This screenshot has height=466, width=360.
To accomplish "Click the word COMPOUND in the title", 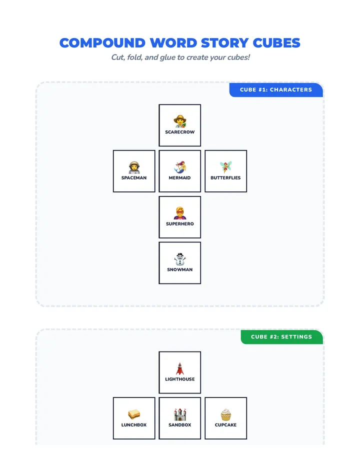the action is point(102,43).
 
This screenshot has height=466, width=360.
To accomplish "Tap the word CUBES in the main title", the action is point(276,43).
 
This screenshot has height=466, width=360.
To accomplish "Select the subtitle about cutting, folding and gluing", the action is point(180,57).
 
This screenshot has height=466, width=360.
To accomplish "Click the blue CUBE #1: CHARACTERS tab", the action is point(276,90).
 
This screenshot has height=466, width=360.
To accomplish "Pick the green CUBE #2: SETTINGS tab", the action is point(281,337).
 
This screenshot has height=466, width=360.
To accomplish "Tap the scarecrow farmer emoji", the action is point(180,121).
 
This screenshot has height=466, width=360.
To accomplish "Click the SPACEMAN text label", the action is point(134,177).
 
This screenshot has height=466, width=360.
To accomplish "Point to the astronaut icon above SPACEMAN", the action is point(134,167).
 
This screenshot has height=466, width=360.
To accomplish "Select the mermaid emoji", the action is point(180,167).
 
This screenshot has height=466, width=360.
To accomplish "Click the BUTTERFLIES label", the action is point(225,177).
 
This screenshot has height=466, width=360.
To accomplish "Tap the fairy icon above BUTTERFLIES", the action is point(225,167).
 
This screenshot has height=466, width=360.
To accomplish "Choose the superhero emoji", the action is point(180,213).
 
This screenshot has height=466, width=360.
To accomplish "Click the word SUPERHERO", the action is point(180,224).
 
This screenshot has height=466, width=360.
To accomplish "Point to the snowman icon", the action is point(180,259).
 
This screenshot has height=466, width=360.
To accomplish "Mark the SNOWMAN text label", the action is point(180,269).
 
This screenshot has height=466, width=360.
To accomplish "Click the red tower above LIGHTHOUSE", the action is point(179,368).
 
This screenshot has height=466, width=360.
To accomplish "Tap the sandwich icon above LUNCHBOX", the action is point(134,414).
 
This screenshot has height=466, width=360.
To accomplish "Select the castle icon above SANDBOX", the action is point(180,414).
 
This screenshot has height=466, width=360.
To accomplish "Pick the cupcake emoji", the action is point(225,414).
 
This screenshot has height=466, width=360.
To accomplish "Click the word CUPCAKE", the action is point(225,425).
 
